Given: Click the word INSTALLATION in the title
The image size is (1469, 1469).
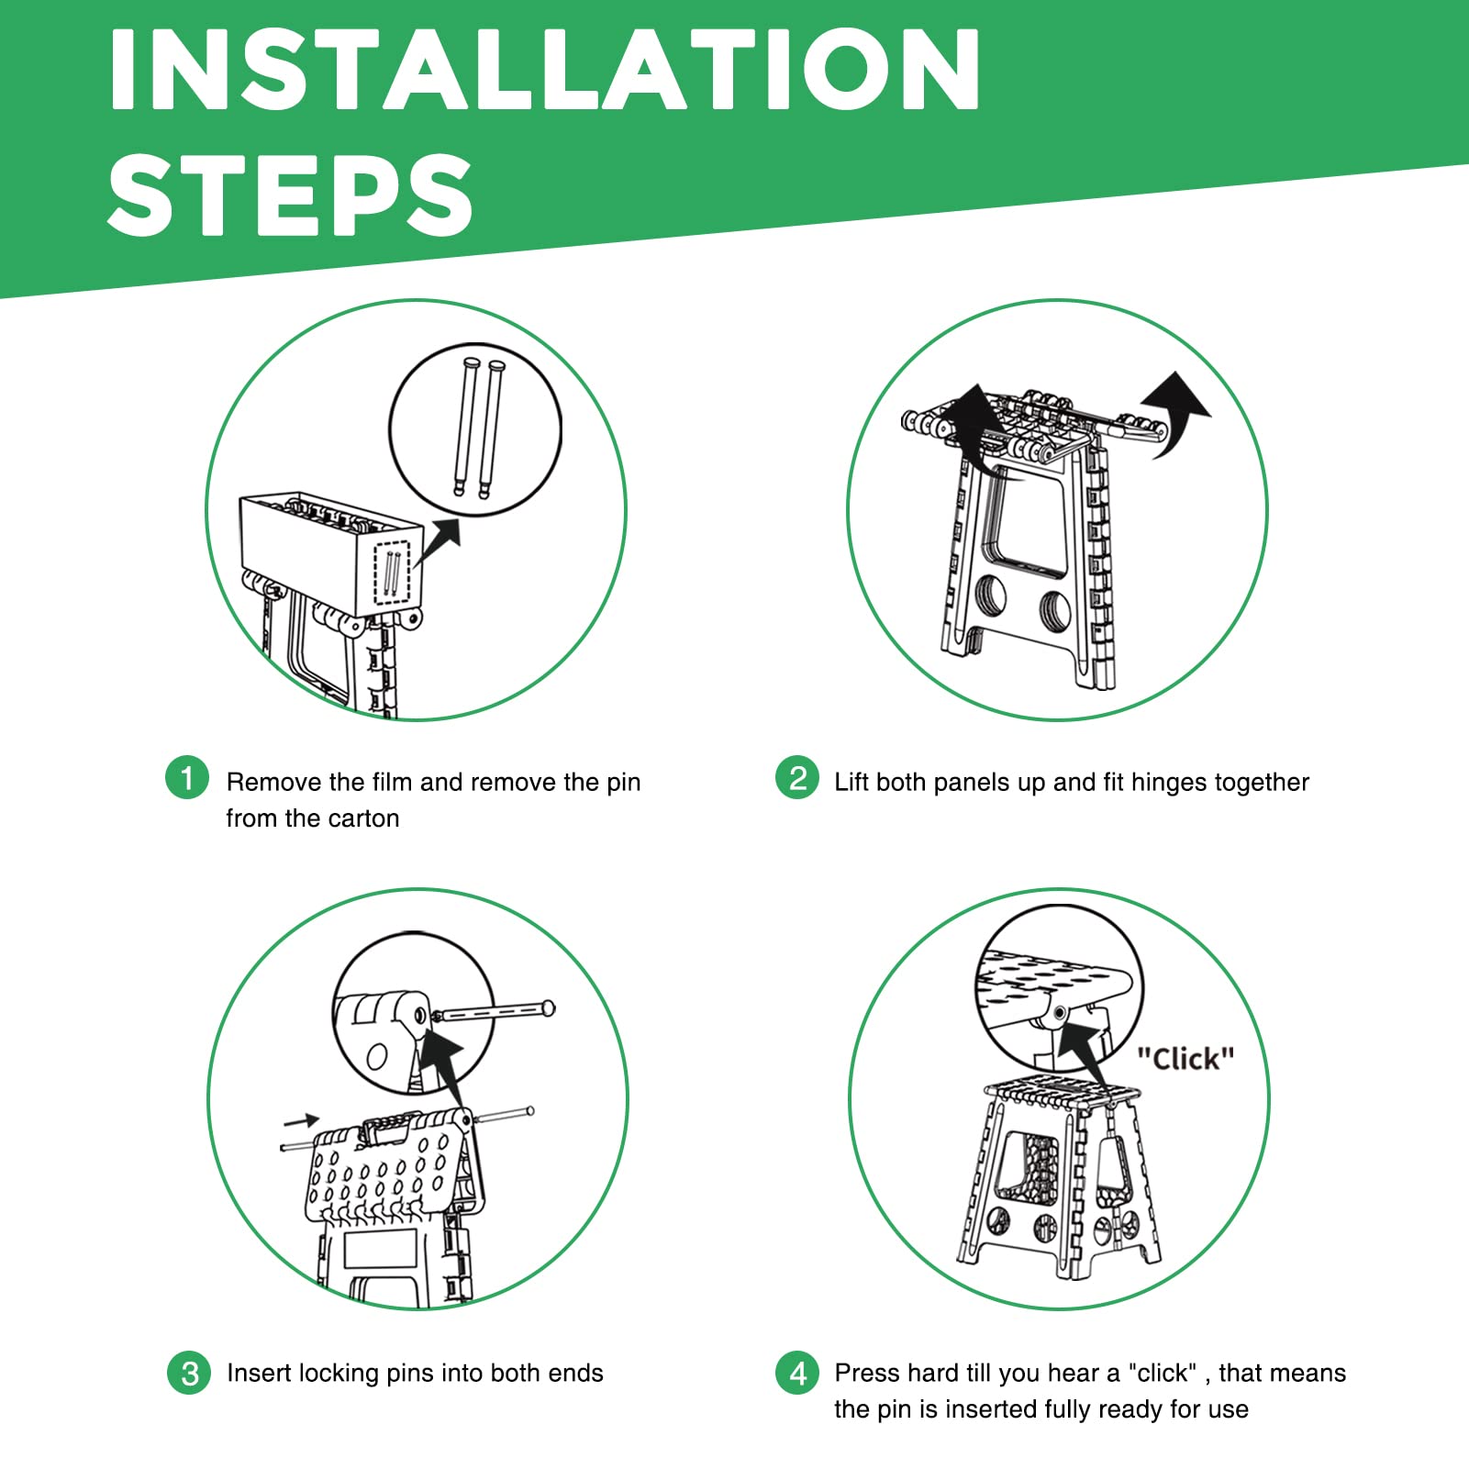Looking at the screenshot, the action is (545, 70).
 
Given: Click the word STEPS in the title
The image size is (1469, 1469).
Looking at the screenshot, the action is (290, 194).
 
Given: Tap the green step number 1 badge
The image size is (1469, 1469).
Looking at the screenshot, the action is (187, 778).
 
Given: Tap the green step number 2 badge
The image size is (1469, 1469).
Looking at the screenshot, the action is (797, 778).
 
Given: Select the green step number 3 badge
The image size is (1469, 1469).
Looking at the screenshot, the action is (189, 1373).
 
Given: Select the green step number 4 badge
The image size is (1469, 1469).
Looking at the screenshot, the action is (797, 1373).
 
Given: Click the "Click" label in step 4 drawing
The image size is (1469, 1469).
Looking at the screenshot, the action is (1185, 1059).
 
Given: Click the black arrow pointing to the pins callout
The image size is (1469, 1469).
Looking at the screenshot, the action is (438, 541).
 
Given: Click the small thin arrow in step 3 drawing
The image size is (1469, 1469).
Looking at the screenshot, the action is (301, 1120).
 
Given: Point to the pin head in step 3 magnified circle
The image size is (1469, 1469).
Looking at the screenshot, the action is (549, 1008).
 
